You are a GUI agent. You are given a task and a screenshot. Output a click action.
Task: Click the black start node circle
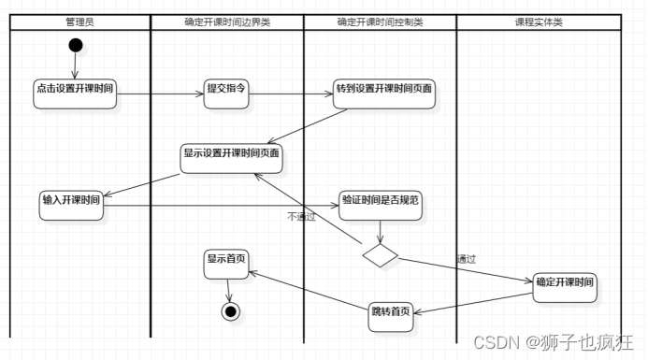click(x=76, y=45)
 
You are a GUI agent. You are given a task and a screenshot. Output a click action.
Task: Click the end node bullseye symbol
click(x=229, y=310)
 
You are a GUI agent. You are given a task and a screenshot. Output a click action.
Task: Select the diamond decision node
click(x=380, y=255)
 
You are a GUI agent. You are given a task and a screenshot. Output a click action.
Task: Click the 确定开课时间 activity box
click(x=565, y=283)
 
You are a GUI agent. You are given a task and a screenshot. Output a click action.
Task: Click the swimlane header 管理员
click(x=79, y=22)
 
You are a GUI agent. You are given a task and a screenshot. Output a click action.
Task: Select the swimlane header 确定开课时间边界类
click(x=226, y=22)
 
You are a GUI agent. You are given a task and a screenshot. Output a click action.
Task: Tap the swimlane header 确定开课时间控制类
click(x=380, y=22)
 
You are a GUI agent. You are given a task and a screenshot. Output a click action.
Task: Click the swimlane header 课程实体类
click(x=539, y=22)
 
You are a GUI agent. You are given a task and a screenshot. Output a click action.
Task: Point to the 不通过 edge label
click(x=301, y=217)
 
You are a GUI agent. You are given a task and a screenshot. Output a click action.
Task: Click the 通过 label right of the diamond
click(x=467, y=259)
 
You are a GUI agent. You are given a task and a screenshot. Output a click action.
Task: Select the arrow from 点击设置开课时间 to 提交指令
click(x=160, y=93)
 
